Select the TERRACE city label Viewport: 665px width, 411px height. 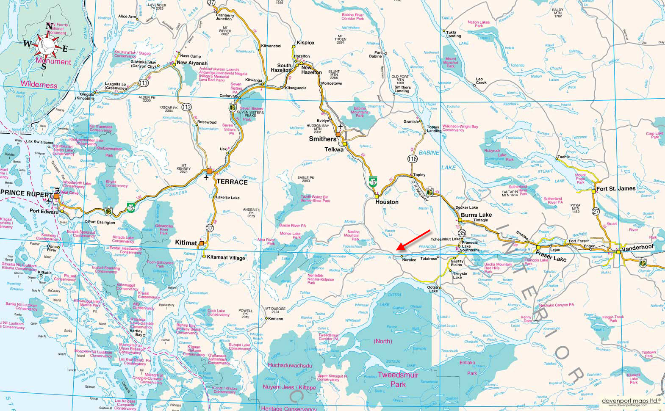tap(232, 182)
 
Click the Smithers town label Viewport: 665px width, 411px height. tap(322, 139)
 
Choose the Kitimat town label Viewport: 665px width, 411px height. tap(186, 243)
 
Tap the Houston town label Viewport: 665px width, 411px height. tap(387, 202)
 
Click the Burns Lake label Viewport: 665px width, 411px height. tap(476, 215)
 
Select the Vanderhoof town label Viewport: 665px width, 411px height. tap(637, 246)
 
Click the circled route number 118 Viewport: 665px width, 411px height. tap(413, 159)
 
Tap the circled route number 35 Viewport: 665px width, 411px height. tap(462, 233)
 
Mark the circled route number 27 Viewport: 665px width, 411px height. tap(596, 211)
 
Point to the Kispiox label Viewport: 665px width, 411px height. tap(305, 43)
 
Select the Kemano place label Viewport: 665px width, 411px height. tap(275, 319)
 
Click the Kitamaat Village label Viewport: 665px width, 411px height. tap(226, 257)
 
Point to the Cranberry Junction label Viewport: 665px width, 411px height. tap(224, 17)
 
